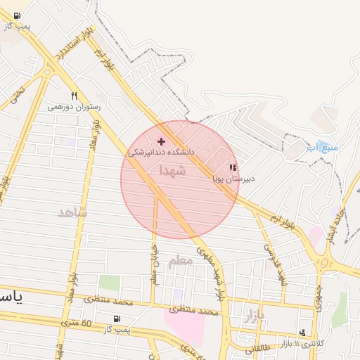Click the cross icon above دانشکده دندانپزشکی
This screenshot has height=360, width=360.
(161, 141)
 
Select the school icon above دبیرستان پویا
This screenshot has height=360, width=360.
(233, 167)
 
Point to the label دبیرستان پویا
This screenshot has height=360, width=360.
(233, 179)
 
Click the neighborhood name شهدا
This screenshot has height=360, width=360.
(172, 171)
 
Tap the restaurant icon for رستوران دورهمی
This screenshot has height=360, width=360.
(74, 96)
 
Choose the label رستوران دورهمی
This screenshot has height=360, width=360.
(75, 107)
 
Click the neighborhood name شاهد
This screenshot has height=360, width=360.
(73, 212)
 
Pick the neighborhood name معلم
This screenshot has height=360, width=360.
(180, 260)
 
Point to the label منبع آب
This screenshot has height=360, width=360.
(322, 148)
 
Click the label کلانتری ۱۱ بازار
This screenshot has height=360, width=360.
(300, 343)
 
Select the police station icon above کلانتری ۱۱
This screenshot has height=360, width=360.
(303, 333)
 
